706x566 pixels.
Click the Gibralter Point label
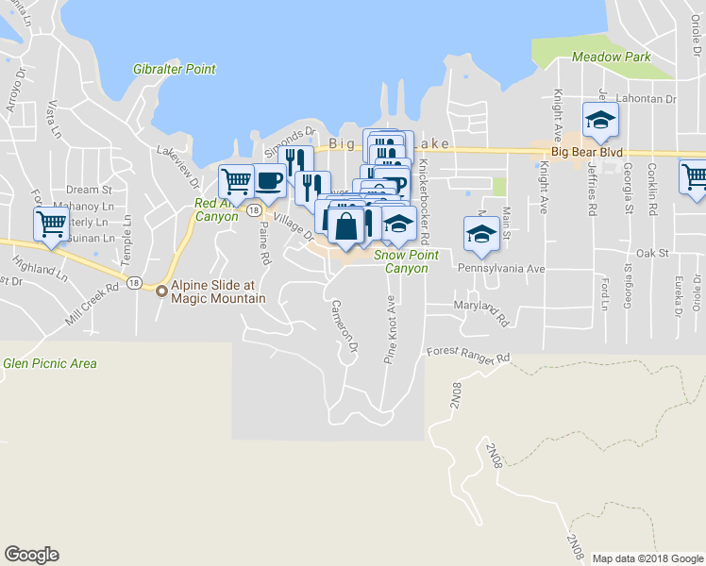[x=175, y=69]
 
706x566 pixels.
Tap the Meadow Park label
[x=611, y=57]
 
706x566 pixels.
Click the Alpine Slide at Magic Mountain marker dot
[x=161, y=291]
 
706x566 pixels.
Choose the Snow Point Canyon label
[x=407, y=261]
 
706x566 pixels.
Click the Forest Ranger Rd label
[x=467, y=353]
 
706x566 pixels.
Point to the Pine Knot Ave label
[x=389, y=331]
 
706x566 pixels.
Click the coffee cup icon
[x=269, y=178]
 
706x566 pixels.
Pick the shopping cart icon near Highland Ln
[x=52, y=224]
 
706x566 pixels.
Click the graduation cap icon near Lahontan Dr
[x=599, y=120]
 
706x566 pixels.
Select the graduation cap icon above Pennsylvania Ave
[x=480, y=234]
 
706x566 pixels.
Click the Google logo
[x=31, y=555]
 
